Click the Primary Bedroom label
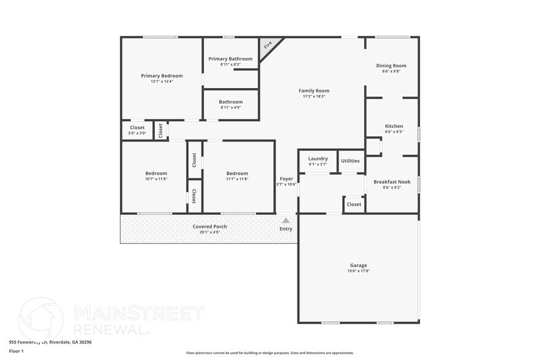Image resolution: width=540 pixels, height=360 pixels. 162,75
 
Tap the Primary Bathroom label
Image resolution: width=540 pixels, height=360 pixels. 230,59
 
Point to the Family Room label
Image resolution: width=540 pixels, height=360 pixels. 314,91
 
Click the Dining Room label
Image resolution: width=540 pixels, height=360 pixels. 391,66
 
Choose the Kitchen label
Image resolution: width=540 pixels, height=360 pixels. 394,126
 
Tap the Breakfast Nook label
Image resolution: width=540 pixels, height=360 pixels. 392,181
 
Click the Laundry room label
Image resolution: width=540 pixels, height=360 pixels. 318,159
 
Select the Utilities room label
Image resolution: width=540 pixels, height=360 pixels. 350,161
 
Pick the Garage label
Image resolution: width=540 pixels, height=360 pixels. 359,265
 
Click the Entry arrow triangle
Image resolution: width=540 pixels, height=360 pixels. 286,220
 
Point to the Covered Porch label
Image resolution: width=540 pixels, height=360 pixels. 209,227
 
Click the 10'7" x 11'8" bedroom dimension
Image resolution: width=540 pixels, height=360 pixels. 156,179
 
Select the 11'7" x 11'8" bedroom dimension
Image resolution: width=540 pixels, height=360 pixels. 237,179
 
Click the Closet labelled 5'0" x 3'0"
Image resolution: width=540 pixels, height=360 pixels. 137,133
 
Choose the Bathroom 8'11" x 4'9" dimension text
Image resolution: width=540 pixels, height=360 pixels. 231,108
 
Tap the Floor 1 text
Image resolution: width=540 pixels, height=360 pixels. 16,351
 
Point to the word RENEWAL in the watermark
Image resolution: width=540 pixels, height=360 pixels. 110,329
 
